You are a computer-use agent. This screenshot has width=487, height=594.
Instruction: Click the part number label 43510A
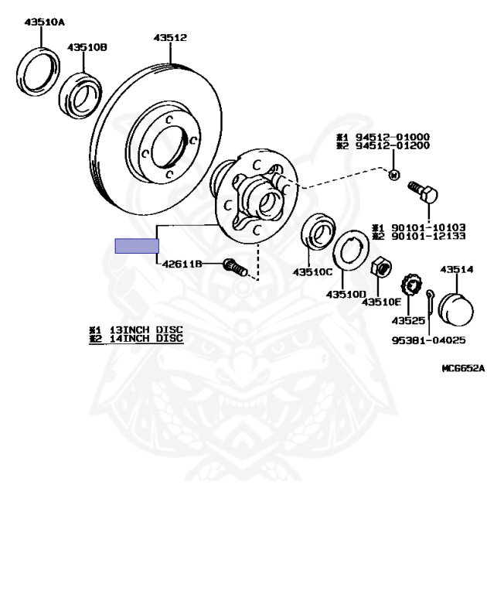coord(44,22)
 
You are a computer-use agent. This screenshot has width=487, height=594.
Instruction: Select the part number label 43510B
coord(87,47)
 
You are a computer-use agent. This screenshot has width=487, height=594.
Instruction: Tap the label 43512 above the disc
coord(170,37)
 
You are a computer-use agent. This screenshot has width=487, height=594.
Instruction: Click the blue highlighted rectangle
coord(137,246)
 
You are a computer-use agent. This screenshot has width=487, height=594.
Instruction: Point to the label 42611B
coord(182,264)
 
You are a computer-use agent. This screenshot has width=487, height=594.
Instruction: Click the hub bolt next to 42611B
coord(235,267)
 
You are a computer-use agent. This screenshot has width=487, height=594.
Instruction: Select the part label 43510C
coord(312,272)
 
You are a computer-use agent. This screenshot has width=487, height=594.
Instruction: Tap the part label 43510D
coord(346,294)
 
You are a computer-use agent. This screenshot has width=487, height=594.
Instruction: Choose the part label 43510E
coord(381,302)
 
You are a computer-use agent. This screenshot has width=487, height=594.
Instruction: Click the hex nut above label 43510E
coord(380,268)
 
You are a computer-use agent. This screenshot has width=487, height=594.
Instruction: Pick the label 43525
coord(408,321)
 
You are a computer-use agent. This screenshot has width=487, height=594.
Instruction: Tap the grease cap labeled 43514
coord(455,309)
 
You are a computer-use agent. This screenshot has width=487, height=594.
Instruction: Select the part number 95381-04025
coord(428,340)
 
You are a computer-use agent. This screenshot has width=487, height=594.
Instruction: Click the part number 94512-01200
coord(393,145)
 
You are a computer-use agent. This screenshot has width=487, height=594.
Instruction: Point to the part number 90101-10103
coord(428,227)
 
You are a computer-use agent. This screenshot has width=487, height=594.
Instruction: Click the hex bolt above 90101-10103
coord(423,192)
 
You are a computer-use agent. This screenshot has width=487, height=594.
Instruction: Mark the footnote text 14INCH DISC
coord(146,338)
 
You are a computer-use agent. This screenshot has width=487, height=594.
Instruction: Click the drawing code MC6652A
coord(463,368)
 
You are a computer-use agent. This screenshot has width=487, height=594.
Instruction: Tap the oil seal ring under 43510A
coord(38,71)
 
